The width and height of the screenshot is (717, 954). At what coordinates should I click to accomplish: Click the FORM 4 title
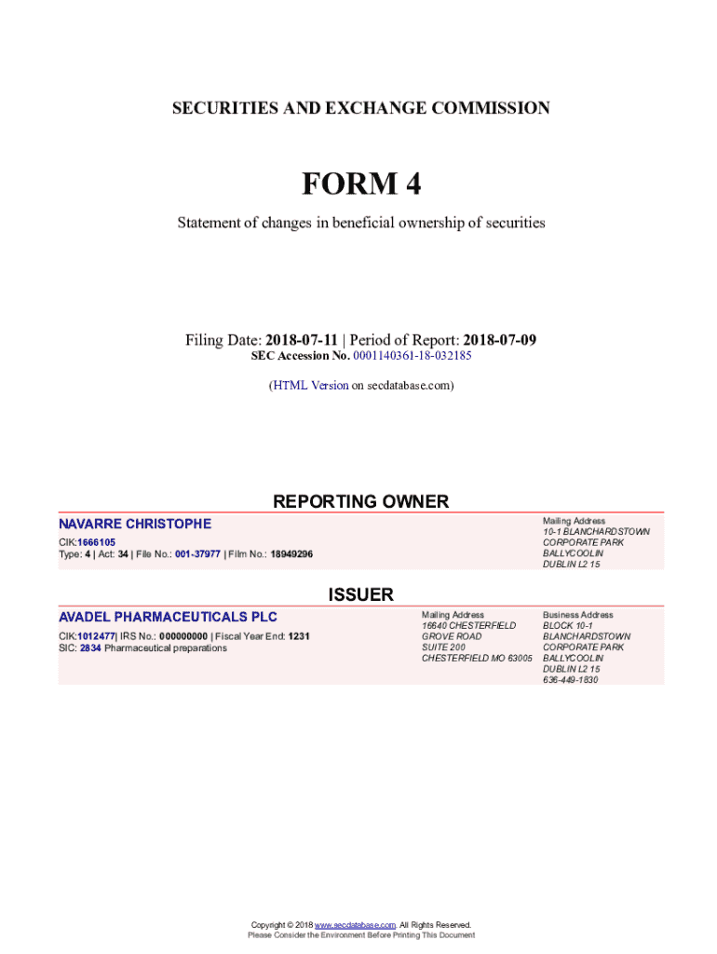click(x=360, y=185)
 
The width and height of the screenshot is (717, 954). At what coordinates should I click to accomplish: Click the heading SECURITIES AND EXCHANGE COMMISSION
click(x=360, y=108)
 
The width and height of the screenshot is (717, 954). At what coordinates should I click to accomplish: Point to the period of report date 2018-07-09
click(x=500, y=340)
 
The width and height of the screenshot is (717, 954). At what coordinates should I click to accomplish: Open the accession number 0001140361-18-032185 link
click(x=413, y=356)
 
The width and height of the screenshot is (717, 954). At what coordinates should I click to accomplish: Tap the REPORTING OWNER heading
click(x=360, y=501)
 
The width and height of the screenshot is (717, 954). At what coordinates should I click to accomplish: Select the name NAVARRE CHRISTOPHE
click(x=135, y=524)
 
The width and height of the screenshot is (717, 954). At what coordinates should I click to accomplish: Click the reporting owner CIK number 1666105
click(x=97, y=542)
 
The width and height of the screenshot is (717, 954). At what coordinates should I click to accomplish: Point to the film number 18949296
click(x=291, y=554)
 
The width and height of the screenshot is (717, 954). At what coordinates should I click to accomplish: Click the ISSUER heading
click(x=360, y=594)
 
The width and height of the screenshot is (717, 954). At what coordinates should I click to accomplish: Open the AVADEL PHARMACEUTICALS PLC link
click(x=168, y=617)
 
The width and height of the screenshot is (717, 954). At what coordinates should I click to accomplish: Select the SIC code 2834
click(x=90, y=647)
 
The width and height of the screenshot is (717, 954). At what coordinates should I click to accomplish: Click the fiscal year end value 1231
click(x=298, y=636)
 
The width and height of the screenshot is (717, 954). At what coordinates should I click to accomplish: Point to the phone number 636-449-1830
click(x=570, y=680)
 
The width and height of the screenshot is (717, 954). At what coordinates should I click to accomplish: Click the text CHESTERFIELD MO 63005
click(x=477, y=659)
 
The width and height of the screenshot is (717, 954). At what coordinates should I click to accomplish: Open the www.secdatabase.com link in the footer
click(x=356, y=925)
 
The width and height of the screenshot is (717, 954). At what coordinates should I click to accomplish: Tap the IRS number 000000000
click(x=183, y=636)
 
